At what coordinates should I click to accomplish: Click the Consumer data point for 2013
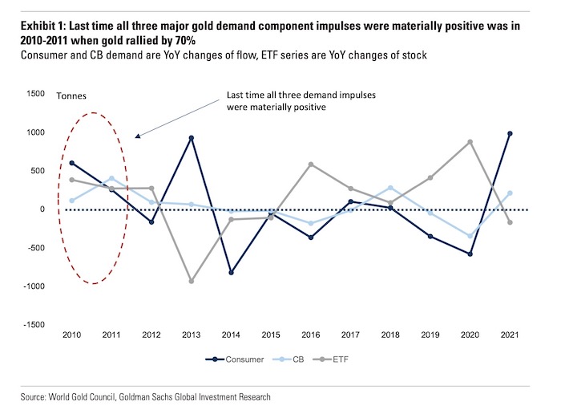click(x=192, y=138)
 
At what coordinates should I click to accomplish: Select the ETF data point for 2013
click(x=192, y=281)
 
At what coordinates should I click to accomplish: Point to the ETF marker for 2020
click(x=470, y=142)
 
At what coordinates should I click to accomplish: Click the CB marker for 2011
click(x=112, y=178)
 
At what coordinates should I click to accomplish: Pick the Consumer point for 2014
click(x=231, y=273)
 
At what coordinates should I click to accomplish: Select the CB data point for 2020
click(x=470, y=236)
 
